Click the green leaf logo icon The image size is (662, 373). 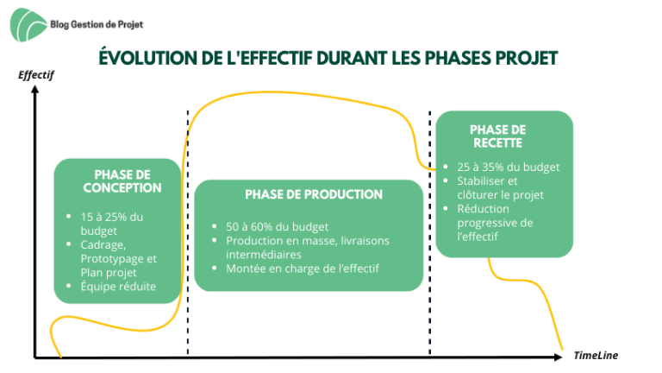tap(28, 25)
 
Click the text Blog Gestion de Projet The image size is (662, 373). tap(97, 24)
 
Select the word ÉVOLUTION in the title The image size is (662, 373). tap(148, 58)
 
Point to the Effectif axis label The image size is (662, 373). tap(36, 75)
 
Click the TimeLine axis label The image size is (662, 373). tap(596, 355)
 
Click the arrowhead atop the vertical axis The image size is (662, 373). tap(35, 89)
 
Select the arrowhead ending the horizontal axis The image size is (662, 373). tap(559, 357)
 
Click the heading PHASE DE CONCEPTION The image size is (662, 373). tap(122, 181)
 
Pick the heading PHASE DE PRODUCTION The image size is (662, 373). tap(314, 194)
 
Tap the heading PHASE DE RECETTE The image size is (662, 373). tap(497, 136)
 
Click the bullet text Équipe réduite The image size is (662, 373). tap(118, 287)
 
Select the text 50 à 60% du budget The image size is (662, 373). tap(277, 227)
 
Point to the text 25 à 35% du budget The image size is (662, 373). tap(509, 167)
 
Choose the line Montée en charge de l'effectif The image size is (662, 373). tap(303, 269)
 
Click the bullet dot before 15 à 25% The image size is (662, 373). tap(69, 216)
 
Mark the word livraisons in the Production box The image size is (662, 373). tap(365, 241)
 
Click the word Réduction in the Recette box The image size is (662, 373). tap(483, 209)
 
